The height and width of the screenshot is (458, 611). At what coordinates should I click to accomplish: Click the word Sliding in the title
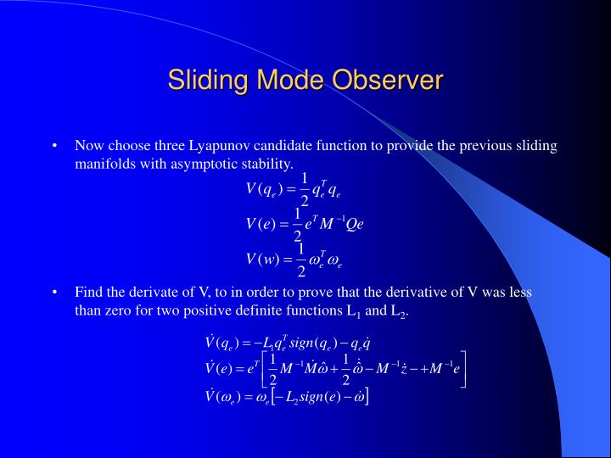click(x=201, y=81)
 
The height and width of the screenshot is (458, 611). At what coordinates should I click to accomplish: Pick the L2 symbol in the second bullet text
click(x=398, y=311)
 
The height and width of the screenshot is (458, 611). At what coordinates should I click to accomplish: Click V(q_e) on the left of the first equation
click(x=265, y=188)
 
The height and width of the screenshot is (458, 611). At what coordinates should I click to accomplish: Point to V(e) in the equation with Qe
click(x=261, y=224)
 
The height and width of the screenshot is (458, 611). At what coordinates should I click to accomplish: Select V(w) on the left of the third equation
click(x=264, y=260)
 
